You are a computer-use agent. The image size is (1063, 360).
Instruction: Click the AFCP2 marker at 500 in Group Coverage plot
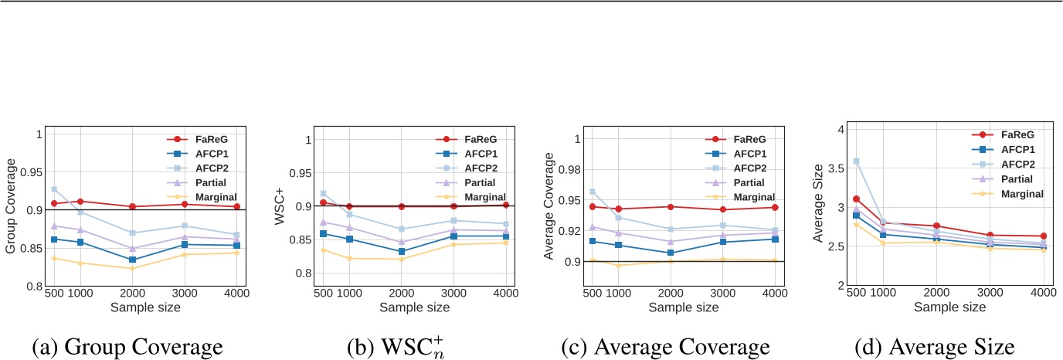[x=53, y=189]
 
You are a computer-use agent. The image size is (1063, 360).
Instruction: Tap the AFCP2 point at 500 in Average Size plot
[x=856, y=161]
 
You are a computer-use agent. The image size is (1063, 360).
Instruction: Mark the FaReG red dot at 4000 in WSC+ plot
[x=505, y=205]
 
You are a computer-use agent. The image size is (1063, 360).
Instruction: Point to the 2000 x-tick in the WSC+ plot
[x=400, y=294]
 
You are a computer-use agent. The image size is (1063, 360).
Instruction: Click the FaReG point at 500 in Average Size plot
[x=856, y=199]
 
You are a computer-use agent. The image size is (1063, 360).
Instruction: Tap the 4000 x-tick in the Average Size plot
[x=1042, y=294]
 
